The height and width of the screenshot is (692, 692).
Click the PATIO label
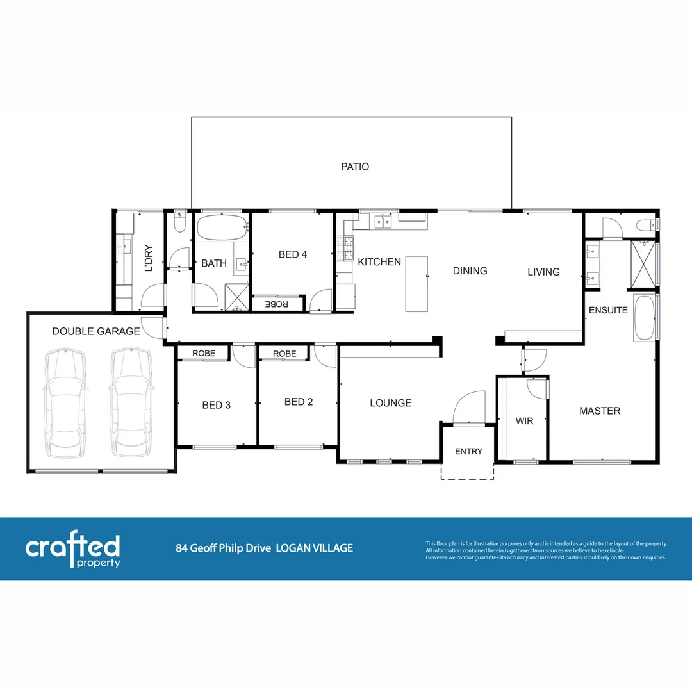click(354, 167)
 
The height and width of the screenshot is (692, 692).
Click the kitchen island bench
click(416, 284)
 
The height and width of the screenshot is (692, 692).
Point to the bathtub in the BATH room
click(221, 227)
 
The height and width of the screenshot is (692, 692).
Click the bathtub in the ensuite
click(645, 318)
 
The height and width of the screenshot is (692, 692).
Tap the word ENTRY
click(468, 452)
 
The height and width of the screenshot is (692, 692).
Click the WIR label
click(524, 421)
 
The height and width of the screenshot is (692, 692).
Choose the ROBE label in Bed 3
click(204, 354)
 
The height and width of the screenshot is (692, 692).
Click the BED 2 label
click(299, 402)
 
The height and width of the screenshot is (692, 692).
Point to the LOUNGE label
click(390, 403)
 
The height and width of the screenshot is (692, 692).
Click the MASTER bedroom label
click(600, 411)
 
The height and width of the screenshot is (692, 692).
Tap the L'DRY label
click(149, 258)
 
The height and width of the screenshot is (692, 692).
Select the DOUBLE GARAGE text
click(96, 331)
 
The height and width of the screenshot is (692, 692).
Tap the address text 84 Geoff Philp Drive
click(224, 548)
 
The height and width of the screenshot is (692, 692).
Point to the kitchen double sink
click(383, 222)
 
